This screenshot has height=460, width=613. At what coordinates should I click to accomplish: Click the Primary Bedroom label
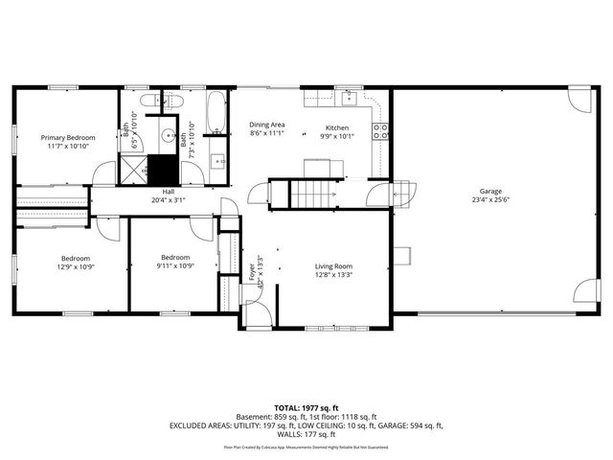67,137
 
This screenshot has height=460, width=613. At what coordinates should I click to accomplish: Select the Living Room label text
334,266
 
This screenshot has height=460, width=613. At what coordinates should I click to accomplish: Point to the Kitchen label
336,127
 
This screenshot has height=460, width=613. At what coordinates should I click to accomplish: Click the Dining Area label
267,125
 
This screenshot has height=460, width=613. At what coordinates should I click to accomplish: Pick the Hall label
168,192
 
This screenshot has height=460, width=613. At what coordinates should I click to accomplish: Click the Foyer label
254,270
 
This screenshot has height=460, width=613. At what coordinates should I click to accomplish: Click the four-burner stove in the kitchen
380,131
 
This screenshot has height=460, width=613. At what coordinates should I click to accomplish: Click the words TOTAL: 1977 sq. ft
306,406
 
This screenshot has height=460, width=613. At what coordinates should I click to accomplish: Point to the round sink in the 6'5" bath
165,135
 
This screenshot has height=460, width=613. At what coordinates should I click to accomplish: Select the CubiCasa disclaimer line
306,448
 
